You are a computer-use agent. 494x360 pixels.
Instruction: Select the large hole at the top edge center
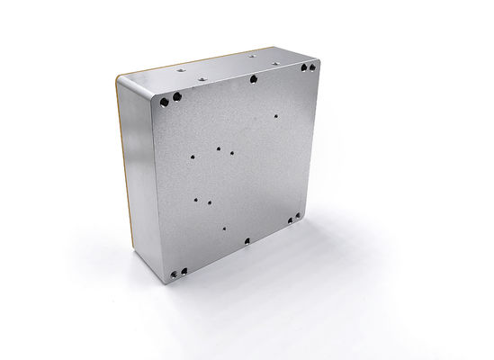coord(254,78)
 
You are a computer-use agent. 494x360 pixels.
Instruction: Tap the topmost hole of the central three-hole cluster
coord(219,141)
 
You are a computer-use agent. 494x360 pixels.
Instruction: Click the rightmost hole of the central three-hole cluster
coord(233,152)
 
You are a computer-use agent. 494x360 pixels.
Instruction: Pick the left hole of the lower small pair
coord(197,194)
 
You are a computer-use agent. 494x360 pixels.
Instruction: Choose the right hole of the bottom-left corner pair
coord(184,269)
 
